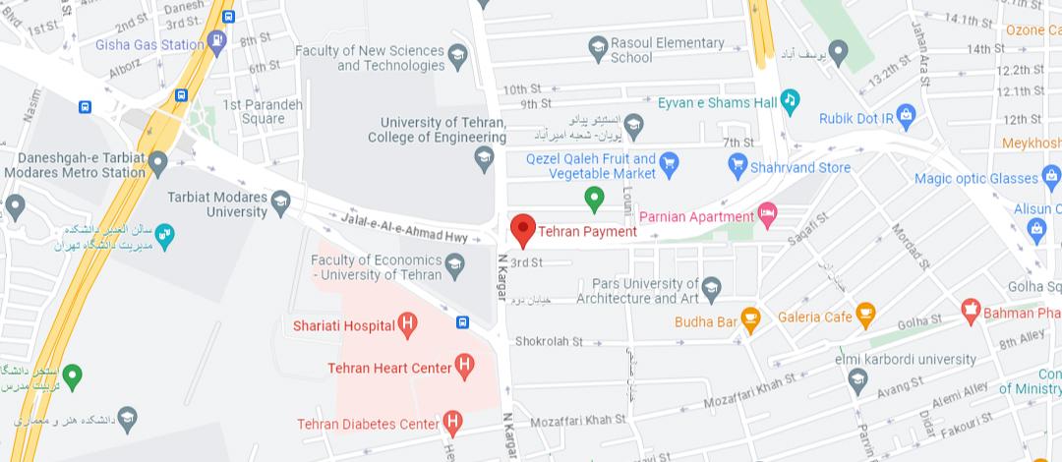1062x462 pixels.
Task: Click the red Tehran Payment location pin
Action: coord(523,229)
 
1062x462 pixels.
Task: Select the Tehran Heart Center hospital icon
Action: coord(466,368)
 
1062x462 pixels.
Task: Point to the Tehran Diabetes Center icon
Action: coord(452,424)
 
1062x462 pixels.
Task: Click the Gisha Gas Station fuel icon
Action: coord(217,43)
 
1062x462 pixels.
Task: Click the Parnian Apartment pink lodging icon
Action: coord(767,212)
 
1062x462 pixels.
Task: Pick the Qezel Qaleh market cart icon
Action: coord(669,161)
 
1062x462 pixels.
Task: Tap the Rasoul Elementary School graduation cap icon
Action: coord(597,45)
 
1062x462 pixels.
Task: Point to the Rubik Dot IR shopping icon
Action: coord(907,118)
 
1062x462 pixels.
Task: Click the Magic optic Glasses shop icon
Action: coord(1052,178)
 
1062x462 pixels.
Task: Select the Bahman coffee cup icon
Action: coord(971,314)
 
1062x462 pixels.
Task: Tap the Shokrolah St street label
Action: coord(550,342)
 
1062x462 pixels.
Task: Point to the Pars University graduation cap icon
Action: coord(712,287)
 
